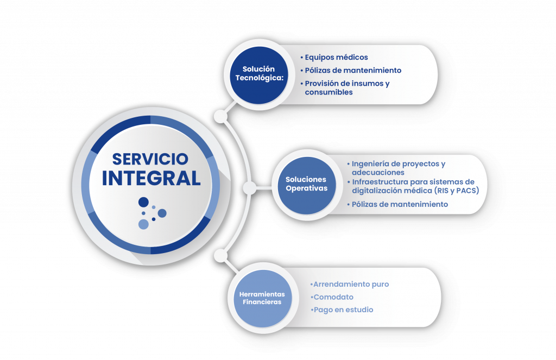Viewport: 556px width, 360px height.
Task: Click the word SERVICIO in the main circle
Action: [x=150, y=159]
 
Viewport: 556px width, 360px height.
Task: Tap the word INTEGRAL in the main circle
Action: [x=151, y=178]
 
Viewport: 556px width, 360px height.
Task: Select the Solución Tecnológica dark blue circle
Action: [x=258, y=73]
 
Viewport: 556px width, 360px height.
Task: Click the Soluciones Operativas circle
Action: [x=306, y=184]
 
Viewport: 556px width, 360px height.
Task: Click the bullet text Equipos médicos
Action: [x=336, y=57]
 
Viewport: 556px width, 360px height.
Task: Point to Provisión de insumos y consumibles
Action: [x=347, y=88]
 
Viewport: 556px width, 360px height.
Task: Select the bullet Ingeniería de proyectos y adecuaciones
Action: [x=398, y=168]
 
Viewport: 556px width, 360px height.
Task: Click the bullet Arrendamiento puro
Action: [x=351, y=284]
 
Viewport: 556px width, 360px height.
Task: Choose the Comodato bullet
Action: [x=333, y=297]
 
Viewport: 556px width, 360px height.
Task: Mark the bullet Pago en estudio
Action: [x=343, y=310]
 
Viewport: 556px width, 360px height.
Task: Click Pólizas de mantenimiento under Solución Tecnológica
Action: [x=353, y=70]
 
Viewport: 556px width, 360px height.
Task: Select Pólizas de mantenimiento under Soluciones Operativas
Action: [x=400, y=204]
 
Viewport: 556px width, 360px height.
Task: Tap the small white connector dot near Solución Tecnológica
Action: [x=220, y=116]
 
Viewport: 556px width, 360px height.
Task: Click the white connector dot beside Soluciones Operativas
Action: [x=249, y=188]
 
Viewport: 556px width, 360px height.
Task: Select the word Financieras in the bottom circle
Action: [x=262, y=302]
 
